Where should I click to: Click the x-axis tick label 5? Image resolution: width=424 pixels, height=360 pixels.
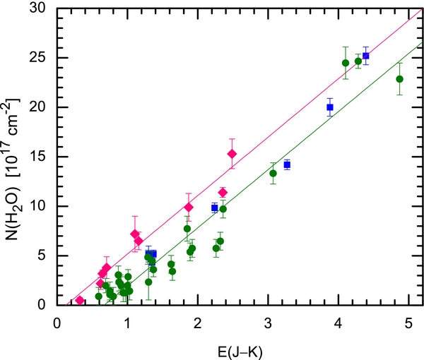pyautogui.click(x=408, y=322)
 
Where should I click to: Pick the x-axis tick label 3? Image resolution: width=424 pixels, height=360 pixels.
pyautogui.click(x=268, y=322)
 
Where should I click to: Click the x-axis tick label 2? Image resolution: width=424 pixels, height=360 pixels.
pyautogui.click(x=197, y=322)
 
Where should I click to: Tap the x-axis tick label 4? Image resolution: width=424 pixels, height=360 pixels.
pyautogui.click(x=338, y=322)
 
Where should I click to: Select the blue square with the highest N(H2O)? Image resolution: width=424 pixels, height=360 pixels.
pyautogui.click(x=365, y=56)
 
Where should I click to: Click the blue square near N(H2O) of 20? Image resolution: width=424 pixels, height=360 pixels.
pyautogui.click(x=330, y=107)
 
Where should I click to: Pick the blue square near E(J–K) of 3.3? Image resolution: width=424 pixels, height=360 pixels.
pyautogui.click(x=287, y=164)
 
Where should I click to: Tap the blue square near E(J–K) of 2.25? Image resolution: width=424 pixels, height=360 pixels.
pyautogui.click(x=215, y=208)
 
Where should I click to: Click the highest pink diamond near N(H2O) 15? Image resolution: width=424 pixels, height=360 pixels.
pyautogui.click(x=232, y=154)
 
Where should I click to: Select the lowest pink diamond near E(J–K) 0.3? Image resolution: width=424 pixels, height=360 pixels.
pyautogui.click(x=80, y=300)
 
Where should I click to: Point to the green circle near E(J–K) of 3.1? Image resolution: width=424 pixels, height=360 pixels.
pyautogui.click(x=273, y=174)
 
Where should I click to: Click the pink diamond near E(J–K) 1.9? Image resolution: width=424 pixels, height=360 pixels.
pyautogui.click(x=189, y=208)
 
